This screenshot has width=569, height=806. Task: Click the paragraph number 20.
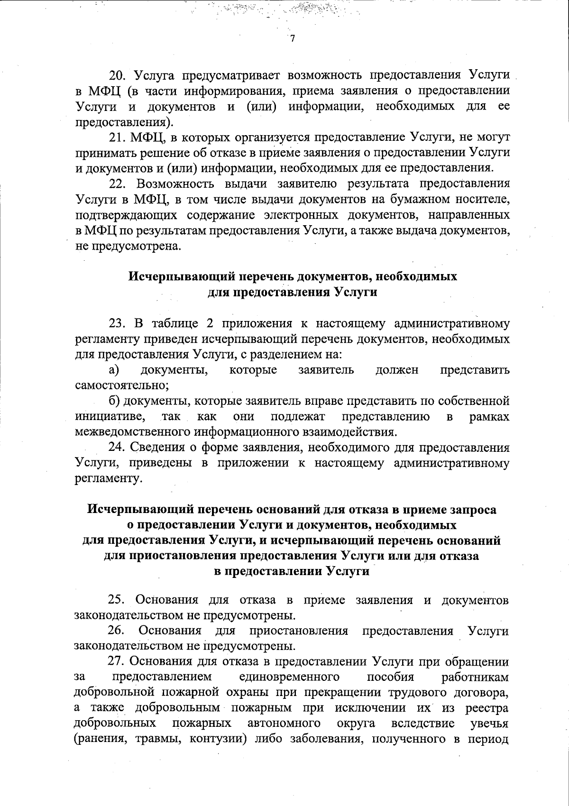coord(117,75)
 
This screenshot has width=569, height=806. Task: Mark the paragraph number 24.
coord(117,448)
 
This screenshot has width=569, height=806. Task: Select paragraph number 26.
coord(116,631)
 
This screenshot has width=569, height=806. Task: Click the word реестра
coord(487,708)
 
